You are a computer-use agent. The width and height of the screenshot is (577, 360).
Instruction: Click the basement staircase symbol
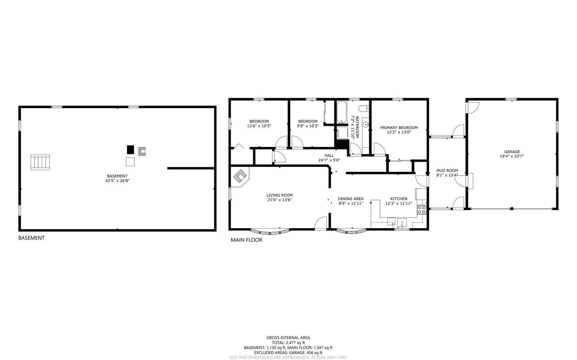tap(40, 162)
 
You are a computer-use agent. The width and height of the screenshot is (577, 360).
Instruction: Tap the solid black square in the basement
tap(130, 150)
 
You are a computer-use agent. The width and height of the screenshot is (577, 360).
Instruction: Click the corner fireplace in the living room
tap(240, 177)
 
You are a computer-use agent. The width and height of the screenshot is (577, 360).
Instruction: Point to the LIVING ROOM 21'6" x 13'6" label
tap(279, 197)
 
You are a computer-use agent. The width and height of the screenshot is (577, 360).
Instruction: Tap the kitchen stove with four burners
tap(422, 210)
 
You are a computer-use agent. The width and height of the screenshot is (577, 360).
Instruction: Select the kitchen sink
tap(402, 222)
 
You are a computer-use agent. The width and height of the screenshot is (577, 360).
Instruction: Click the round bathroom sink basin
tap(366, 125)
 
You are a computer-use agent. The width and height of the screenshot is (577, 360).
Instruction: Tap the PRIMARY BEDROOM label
tap(399, 130)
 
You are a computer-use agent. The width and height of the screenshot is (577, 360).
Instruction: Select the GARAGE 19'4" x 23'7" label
tap(512, 154)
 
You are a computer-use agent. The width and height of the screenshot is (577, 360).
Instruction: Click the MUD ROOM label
tap(447, 173)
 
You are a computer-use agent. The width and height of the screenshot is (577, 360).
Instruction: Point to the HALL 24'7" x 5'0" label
tap(329, 158)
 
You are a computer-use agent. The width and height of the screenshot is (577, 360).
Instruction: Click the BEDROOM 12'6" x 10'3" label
tap(259, 124)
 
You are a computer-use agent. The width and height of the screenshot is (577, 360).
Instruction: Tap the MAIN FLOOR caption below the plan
tap(246, 240)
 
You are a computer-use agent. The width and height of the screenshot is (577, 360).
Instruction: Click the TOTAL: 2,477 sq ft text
tap(288, 343)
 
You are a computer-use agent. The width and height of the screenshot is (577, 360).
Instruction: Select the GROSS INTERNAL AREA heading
tap(288, 338)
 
